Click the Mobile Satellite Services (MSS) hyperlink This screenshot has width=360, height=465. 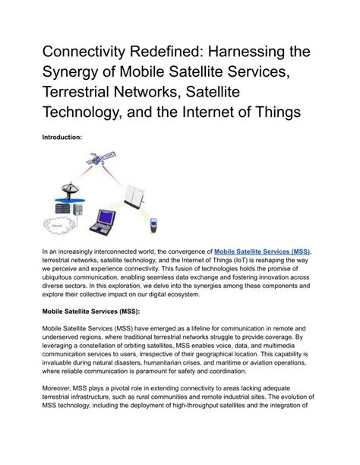pos(263,250)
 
